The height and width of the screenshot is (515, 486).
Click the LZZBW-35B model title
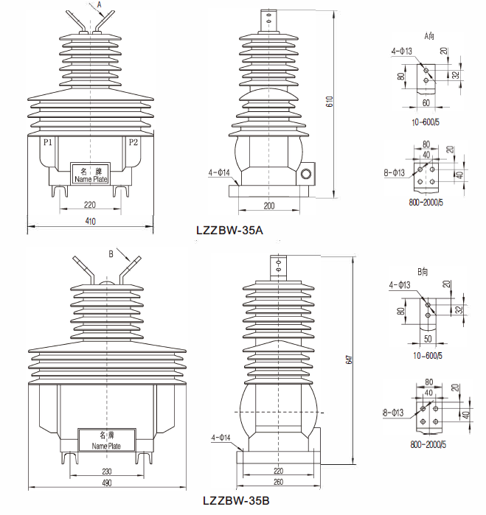point(237,501)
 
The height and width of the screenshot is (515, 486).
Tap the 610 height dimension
point(330,103)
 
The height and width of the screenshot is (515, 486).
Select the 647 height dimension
point(348,360)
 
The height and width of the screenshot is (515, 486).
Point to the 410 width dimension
point(90,220)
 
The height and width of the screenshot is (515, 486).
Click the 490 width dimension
point(106,483)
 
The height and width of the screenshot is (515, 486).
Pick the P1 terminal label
point(47,141)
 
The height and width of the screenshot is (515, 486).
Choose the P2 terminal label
point(133,141)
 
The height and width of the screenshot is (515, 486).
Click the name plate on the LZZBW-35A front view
point(91,174)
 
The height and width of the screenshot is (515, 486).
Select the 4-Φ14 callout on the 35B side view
point(221,438)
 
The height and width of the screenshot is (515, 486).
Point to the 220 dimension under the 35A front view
point(90,204)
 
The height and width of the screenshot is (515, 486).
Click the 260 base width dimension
point(277,483)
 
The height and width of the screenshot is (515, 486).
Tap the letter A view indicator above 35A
point(100,4)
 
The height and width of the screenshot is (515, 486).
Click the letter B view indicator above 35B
point(111,253)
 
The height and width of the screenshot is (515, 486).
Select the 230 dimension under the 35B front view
point(106,470)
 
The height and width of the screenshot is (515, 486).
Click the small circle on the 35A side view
point(306,175)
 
